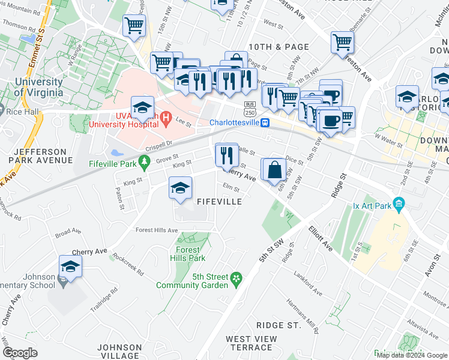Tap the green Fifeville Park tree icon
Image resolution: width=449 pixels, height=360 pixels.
[143, 161]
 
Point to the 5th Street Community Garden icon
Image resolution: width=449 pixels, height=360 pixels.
[237, 278]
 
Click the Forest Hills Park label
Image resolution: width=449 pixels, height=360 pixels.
[191, 254]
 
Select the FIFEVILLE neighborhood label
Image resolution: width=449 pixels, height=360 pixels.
[220, 202]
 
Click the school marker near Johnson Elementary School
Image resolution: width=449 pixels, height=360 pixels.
[70, 267]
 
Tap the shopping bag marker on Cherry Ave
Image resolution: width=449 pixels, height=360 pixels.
[274, 170]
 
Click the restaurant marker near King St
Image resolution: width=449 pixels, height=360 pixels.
[226, 155]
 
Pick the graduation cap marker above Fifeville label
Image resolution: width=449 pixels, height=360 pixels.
[180, 188]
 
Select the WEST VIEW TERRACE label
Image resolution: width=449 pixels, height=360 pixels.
[252, 343]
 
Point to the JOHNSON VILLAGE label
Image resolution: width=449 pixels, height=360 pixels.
[120, 351]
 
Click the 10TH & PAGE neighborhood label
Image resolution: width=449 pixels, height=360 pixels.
[279, 47]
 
